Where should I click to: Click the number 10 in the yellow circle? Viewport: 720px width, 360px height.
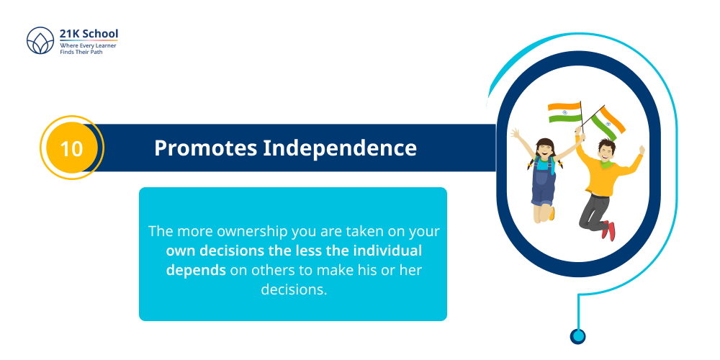[71, 148]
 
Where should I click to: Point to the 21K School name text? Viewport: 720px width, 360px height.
[89, 34]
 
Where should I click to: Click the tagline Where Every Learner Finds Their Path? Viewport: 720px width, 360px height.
[88, 49]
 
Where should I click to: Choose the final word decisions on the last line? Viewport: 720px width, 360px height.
[293, 289]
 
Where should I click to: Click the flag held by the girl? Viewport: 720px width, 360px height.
[564, 113]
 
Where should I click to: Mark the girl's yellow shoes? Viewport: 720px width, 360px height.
[552, 213]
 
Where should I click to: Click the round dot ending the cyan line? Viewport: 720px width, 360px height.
[577, 336]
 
